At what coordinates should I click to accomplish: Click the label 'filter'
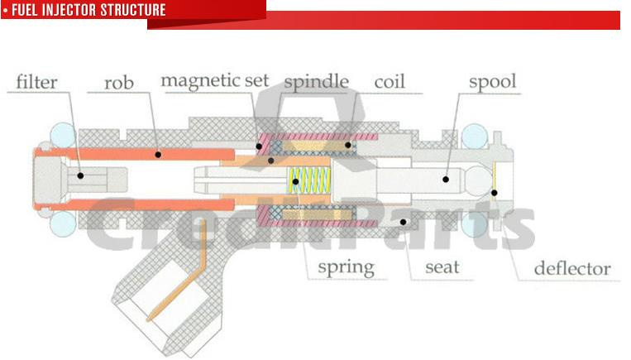[x=36, y=83]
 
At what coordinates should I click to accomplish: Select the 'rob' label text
[x=119, y=84]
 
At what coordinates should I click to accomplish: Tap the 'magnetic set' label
[x=214, y=81]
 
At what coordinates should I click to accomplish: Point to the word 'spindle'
[x=316, y=82]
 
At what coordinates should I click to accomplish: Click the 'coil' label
[x=390, y=82]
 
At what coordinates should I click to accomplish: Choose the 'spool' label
[x=492, y=82]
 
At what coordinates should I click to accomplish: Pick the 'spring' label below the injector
[x=346, y=268]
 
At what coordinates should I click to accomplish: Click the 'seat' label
[x=442, y=267]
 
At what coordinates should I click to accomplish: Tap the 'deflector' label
[x=572, y=269]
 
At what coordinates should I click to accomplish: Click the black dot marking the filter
[x=80, y=175]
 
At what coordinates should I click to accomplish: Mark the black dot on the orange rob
[x=158, y=155]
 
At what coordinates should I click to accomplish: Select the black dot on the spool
[x=446, y=180]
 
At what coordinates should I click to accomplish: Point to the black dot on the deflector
[x=495, y=193]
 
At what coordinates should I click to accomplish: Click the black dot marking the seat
[x=403, y=222]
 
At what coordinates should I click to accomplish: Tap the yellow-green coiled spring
[x=309, y=180]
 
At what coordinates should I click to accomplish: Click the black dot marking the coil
[x=347, y=145]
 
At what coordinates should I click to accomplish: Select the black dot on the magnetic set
[x=259, y=146]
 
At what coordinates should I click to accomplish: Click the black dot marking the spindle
[x=270, y=161]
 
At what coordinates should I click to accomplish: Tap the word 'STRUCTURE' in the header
[x=133, y=10]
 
